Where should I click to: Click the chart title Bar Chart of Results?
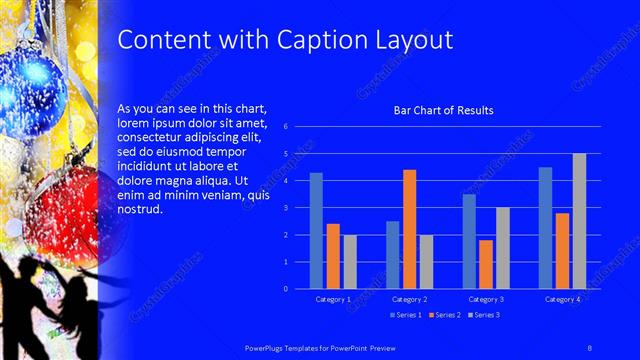point(443,110)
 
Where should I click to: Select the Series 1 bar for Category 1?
point(316,230)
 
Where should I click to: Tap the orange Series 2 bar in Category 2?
point(409,229)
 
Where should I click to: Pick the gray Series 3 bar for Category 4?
point(579,221)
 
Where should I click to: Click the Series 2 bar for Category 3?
point(485,264)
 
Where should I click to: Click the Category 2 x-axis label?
point(409,299)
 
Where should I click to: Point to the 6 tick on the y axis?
point(286,127)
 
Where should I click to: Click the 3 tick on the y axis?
point(286,208)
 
